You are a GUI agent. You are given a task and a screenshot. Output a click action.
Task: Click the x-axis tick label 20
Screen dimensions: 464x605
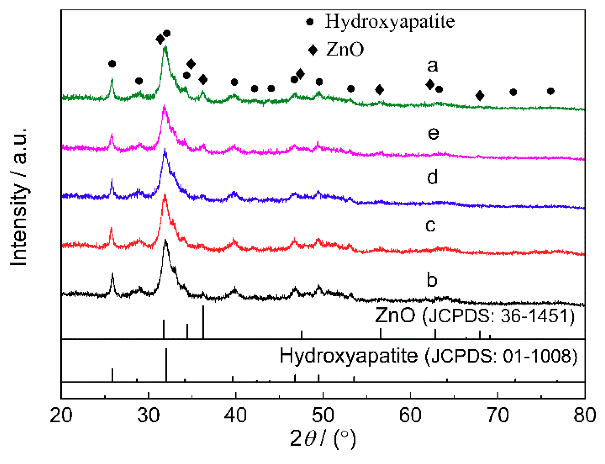point(61,415)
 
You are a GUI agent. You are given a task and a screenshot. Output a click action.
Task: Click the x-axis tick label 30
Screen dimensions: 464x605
point(148,415)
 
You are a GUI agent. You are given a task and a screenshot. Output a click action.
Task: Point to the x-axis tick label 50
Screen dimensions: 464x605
point(323,415)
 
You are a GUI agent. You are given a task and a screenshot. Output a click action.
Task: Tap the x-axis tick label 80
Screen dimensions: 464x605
point(584,415)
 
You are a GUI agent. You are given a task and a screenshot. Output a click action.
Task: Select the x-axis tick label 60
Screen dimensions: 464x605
point(410,415)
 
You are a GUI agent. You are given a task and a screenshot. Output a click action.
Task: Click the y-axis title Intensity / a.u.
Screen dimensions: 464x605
point(19,197)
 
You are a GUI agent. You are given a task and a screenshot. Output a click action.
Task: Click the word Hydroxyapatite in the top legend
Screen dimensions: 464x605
point(390,22)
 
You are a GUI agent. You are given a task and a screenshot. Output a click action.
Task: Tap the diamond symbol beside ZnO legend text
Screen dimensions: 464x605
point(313,50)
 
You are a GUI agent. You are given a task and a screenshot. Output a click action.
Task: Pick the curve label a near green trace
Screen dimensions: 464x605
point(432,66)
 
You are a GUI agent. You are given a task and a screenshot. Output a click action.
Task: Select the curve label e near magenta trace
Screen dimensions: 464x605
point(433,133)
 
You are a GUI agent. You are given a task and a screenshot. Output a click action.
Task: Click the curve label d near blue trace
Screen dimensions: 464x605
point(432,177)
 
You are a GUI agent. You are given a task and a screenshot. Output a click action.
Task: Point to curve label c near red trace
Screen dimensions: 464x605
point(430,225)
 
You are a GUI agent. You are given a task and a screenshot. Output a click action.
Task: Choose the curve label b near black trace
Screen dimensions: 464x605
point(432,280)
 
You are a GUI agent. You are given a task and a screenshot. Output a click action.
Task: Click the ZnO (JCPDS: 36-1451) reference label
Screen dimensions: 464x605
point(475,316)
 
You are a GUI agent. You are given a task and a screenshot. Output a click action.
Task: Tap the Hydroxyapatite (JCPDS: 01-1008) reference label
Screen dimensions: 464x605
point(428,356)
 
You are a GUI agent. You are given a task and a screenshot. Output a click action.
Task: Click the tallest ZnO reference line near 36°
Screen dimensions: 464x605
point(203,322)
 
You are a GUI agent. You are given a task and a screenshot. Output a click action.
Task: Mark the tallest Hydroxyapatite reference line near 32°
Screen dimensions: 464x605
point(166,365)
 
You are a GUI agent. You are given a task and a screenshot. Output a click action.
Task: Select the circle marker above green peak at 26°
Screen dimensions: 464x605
point(112,64)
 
